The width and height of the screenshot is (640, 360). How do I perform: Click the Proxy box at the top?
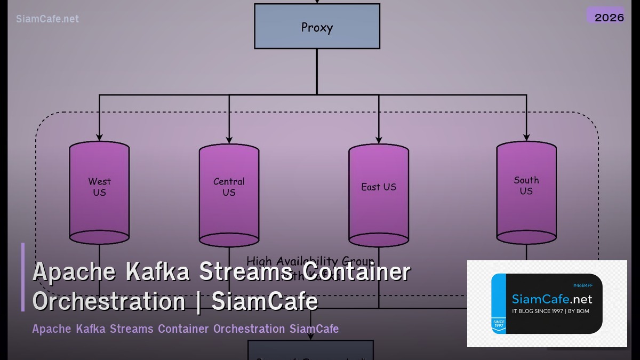pos(317,27)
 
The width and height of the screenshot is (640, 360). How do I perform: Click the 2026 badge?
pos(609,17)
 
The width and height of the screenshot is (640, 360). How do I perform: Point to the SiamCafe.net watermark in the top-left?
pos(47,19)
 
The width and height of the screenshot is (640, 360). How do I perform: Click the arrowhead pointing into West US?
pos(99,137)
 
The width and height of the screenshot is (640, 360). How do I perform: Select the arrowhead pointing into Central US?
pos(229,139)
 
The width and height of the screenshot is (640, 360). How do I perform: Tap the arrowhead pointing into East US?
pos(379,139)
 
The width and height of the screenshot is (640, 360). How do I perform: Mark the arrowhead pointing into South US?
pos(526,137)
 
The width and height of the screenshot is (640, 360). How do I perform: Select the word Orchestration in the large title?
pos(109,301)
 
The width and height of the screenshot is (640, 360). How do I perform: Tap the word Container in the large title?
pos(357,272)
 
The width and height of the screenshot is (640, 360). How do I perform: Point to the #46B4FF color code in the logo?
pos(582,285)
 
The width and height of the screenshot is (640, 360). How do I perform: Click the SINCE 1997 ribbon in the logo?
pos(498,324)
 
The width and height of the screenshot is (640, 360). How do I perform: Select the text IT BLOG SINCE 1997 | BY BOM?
pos(550,311)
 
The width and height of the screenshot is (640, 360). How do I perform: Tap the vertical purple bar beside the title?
pos(23,277)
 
